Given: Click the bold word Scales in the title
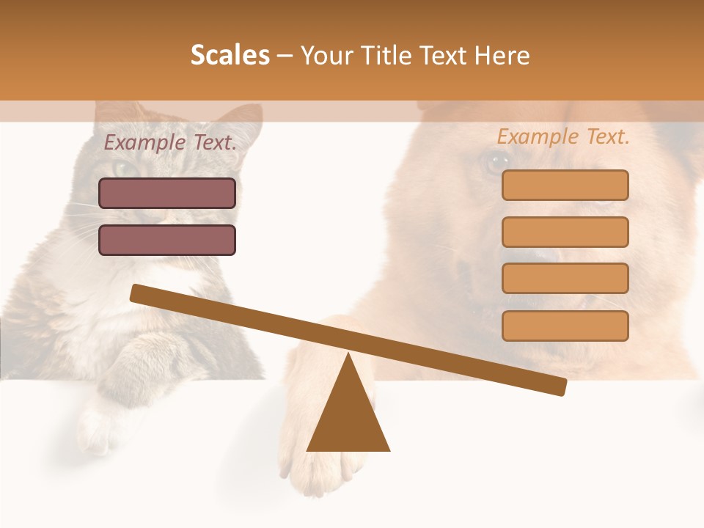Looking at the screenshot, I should [230, 55].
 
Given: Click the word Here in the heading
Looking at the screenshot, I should [503, 56].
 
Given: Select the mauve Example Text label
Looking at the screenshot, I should [170, 142].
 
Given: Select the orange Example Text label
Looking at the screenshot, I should [563, 136].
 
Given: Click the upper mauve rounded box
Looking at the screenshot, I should [167, 194].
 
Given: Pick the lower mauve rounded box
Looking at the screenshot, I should [167, 240].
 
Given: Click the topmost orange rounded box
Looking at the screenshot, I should [565, 186].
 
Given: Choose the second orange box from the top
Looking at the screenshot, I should [565, 232].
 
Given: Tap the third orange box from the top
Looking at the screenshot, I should [565, 278].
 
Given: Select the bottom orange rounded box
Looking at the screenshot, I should [565, 326].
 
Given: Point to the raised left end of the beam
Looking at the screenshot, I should [136, 293].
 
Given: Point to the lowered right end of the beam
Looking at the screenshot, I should [560, 386].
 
